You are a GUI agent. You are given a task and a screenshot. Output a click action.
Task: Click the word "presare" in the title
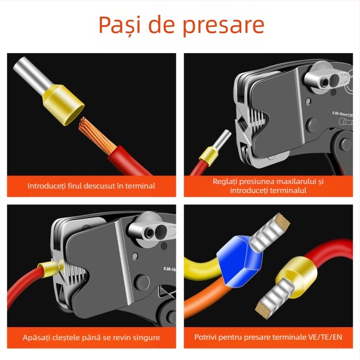point(223,26)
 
